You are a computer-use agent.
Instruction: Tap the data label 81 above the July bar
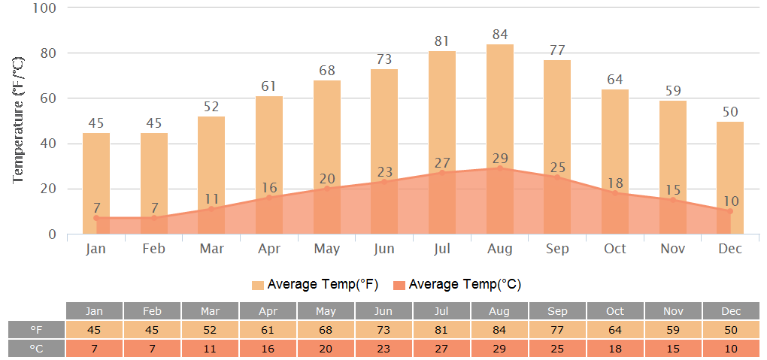click(442, 41)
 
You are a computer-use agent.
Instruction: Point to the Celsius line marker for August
click(500, 168)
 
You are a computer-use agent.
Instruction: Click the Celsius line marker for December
click(730, 211)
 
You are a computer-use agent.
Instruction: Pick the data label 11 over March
click(212, 199)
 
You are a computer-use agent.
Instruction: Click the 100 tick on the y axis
click(46, 8)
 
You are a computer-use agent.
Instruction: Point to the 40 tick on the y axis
click(48, 144)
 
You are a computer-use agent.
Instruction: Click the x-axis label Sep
click(557, 249)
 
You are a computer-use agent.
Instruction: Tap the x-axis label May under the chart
click(327, 249)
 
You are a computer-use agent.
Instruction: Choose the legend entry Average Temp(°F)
click(315, 284)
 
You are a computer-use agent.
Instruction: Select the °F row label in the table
click(36, 330)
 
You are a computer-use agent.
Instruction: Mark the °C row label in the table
click(36, 349)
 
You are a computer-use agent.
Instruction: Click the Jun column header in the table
click(384, 311)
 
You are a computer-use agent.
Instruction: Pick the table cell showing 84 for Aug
click(500, 330)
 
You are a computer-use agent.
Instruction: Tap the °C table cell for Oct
click(615, 349)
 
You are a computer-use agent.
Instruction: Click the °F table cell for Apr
click(268, 330)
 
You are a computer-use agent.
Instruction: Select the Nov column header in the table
click(673, 311)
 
